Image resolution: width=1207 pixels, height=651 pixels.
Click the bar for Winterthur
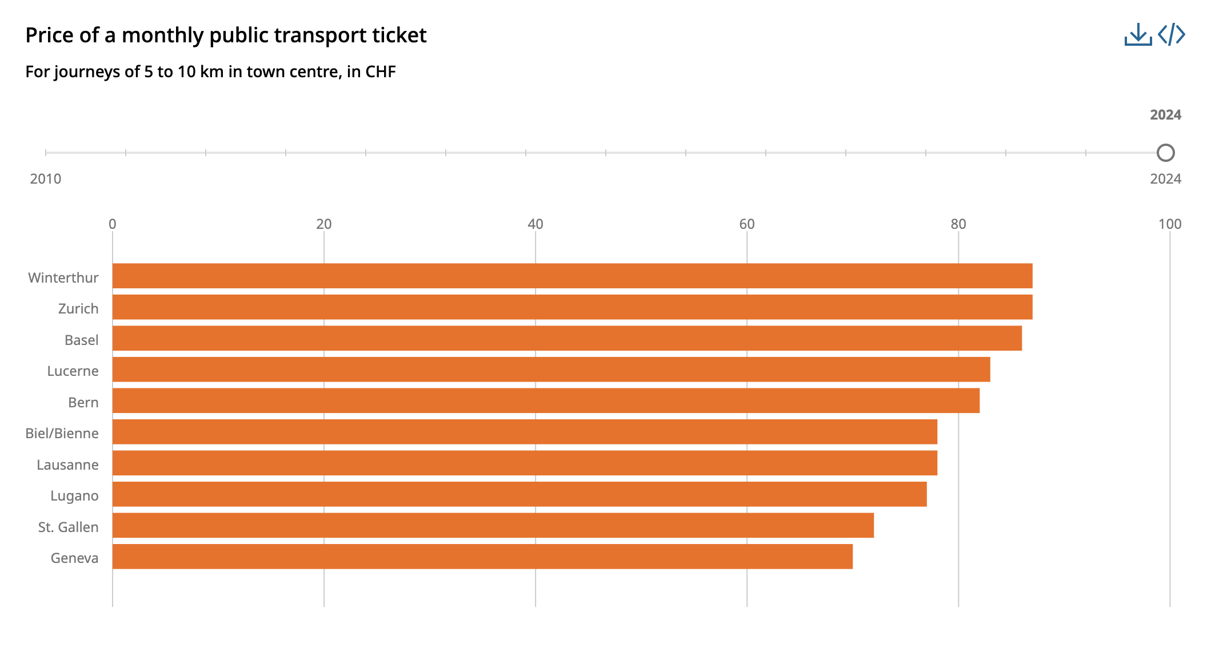point(571,276)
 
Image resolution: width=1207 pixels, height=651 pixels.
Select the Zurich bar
point(571,307)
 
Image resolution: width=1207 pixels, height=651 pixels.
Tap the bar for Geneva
point(482,557)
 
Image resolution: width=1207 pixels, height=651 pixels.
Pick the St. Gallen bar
point(493,525)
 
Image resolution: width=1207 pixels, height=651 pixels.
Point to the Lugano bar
point(519,494)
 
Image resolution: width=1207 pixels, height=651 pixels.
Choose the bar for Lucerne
point(551,370)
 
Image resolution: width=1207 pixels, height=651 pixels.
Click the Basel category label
point(81,340)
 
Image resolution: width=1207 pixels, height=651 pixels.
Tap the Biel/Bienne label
point(62,434)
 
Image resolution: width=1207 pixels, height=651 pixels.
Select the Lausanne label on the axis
point(67,465)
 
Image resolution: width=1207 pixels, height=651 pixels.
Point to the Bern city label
point(83,403)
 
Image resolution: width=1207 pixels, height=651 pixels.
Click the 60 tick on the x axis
point(746,224)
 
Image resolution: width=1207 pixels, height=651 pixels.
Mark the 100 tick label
point(1169,224)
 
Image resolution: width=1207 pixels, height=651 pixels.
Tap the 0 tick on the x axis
point(113,224)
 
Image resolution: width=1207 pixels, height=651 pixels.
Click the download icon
point(1137,34)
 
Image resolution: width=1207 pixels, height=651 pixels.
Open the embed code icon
point(1172,34)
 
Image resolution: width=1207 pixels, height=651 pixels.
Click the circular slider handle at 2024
point(1165,153)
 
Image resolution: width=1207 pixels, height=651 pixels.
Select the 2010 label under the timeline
point(46,179)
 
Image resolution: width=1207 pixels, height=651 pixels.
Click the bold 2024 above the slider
point(1165,115)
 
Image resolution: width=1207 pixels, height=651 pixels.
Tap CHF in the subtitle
point(380,72)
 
